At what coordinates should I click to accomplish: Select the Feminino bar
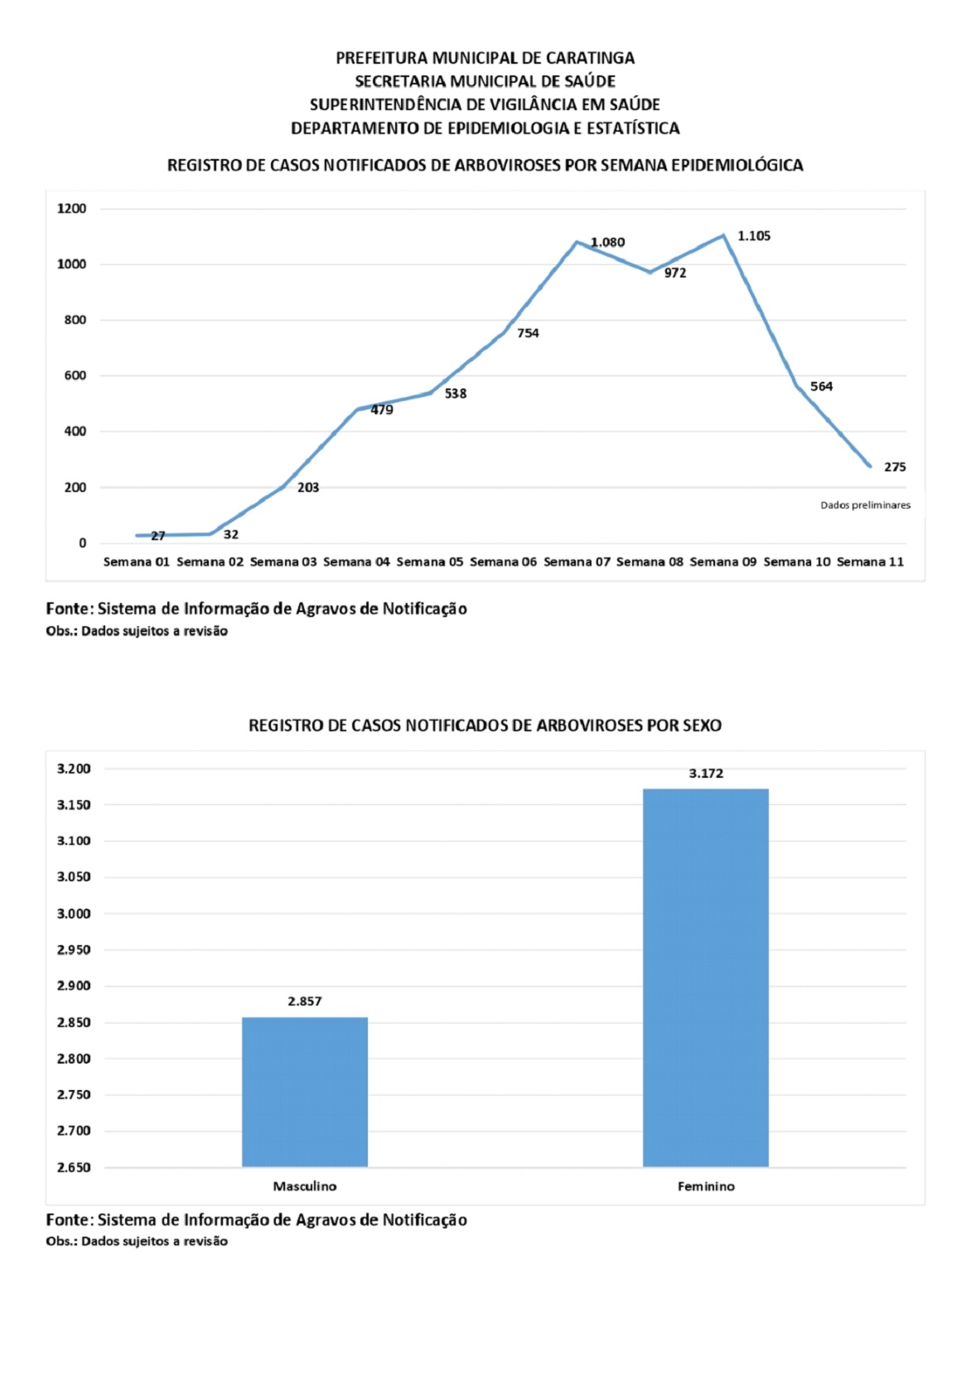(706, 977)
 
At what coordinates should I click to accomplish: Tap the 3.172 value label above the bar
(706, 774)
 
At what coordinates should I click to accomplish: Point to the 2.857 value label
(305, 1001)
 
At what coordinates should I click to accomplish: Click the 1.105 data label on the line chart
(754, 236)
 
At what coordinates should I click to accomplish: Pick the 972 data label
(675, 273)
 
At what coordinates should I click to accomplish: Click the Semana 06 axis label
(503, 562)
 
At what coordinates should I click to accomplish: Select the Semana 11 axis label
(870, 562)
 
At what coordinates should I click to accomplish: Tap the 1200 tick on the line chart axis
(72, 209)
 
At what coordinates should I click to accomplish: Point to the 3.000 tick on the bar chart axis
(74, 914)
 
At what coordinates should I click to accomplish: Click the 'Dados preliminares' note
(865, 505)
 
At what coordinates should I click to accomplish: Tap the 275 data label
(895, 467)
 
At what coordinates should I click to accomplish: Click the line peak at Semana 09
(723, 235)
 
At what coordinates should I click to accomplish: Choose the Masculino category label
(305, 1186)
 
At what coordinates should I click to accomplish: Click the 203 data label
(308, 488)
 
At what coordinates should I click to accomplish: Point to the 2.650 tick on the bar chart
(74, 1167)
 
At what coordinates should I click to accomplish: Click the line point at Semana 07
(577, 242)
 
